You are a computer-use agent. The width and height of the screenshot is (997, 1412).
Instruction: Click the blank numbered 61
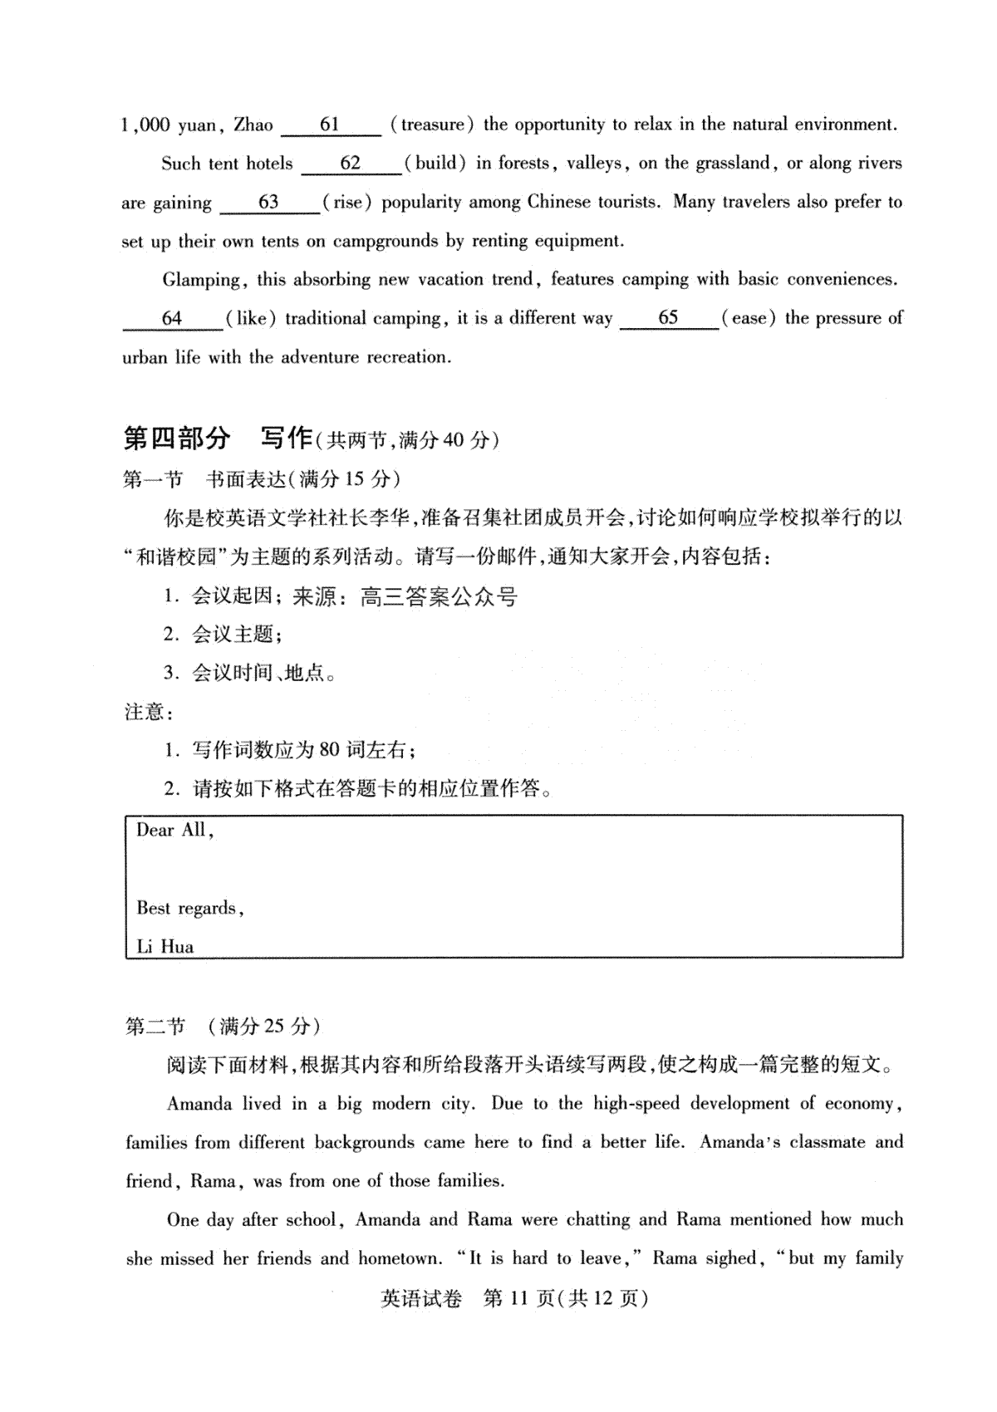[x=331, y=125]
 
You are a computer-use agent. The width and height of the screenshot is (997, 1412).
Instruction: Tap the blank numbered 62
[x=351, y=164]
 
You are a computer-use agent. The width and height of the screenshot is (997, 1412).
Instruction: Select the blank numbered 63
[x=269, y=203]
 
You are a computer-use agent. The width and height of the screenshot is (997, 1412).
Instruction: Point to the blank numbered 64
[x=172, y=319]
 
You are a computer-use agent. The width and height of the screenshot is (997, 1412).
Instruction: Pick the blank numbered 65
[x=668, y=318]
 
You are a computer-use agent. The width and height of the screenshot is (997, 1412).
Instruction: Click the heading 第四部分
[x=176, y=439]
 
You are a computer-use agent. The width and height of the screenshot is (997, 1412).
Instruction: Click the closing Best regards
[x=189, y=908]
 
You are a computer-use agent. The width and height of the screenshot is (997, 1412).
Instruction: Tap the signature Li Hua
[x=165, y=947]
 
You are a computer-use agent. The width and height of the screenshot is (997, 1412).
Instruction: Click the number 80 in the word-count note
[x=329, y=750]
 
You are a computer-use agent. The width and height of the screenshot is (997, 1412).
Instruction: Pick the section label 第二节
[x=155, y=1027]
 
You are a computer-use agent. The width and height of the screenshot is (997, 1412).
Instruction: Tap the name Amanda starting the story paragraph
[x=199, y=1104]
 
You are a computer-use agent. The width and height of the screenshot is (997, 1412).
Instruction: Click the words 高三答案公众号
[x=440, y=596]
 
